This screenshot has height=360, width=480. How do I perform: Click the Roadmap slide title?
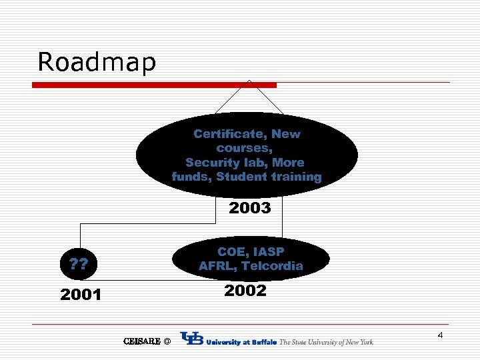click(97, 62)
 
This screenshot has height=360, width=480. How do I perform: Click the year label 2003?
click(250, 209)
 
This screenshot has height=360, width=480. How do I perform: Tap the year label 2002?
click(245, 291)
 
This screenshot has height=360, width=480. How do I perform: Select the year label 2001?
click(81, 295)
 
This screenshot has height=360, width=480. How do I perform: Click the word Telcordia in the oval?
click(272, 266)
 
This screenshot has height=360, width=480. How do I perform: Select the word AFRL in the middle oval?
click(216, 266)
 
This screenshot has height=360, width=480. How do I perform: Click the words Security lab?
click(245, 163)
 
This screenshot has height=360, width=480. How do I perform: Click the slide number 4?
click(440, 335)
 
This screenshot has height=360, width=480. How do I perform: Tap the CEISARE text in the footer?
click(142, 341)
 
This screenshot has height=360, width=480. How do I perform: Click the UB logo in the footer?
click(192, 339)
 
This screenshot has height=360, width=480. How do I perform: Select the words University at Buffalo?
click(242, 342)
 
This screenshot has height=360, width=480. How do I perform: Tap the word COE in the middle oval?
click(230, 252)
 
